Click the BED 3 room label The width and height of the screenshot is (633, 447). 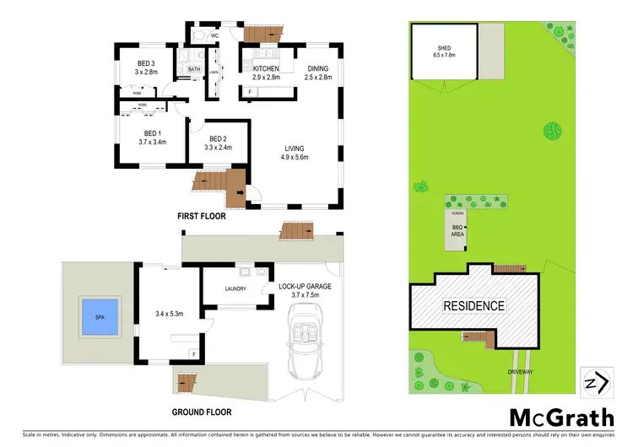(146, 64)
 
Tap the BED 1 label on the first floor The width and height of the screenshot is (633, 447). (152, 134)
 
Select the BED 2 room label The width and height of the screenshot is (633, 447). (218, 139)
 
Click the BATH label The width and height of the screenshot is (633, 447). (193, 70)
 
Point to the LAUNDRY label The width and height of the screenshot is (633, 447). (235, 289)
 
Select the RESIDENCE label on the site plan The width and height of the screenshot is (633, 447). (474, 306)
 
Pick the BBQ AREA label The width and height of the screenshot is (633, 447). (458, 230)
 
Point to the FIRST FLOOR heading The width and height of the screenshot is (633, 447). (201, 217)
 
